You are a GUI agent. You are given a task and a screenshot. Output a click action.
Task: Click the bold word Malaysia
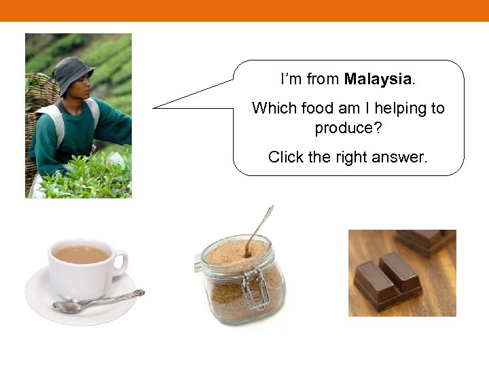click(x=378, y=79)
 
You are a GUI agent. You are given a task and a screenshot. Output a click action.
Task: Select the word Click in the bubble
click(x=286, y=157)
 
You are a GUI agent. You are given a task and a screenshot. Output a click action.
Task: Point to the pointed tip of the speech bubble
click(x=154, y=107)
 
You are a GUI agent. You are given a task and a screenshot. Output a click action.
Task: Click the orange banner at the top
click(x=244, y=10)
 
